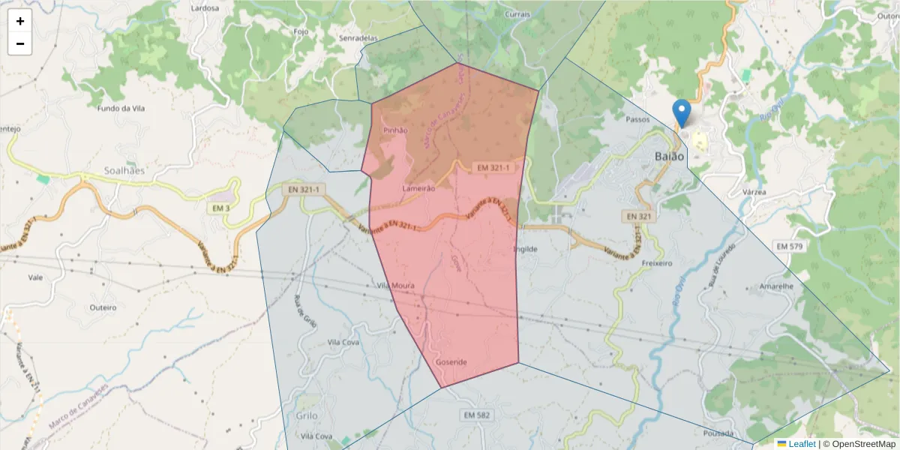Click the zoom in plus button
click(20, 21)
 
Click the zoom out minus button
click(20, 43)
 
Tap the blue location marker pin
click(682, 113)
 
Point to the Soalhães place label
click(103, 170)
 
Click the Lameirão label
click(418, 188)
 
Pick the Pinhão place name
click(395, 130)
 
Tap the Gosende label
click(451, 362)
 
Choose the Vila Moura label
click(395, 286)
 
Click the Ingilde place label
click(525, 248)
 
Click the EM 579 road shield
click(790, 246)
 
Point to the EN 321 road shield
click(637, 216)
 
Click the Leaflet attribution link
click(802, 444)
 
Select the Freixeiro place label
click(657, 264)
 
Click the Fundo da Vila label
click(120, 108)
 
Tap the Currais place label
click(517, 14)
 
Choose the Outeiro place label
click(103, 307)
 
